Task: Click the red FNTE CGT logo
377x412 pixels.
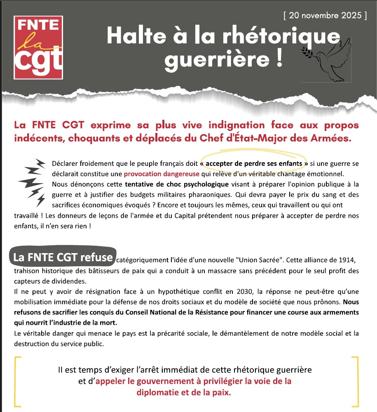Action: [x=38, y=47]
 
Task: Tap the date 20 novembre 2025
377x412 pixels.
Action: [x=325, y=16]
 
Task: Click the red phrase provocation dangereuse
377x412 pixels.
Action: [x=162, y=174]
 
